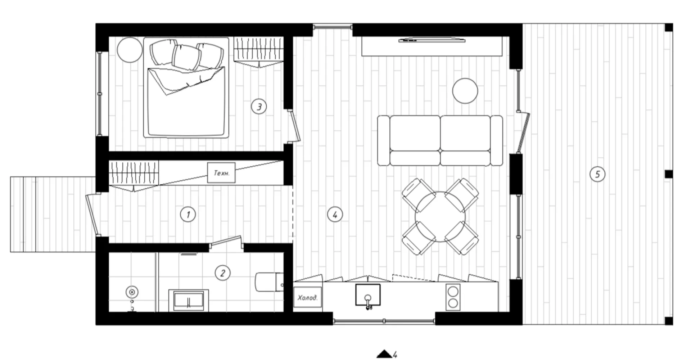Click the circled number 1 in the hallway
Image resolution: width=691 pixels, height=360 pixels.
(x=188, y=215)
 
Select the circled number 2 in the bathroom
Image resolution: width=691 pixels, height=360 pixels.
(x=222, y=273)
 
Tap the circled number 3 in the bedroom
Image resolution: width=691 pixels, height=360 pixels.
(x=259, y=106)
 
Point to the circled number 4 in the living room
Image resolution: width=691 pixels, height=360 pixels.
(x=335, y=215)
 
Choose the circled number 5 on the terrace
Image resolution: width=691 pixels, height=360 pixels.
(x=597, y=174)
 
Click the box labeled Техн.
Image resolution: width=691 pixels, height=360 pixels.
(x=221, y=173)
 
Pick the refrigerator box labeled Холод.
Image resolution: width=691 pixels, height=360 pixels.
(x=307, y=297)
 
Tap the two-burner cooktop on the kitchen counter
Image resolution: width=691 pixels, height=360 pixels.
(x=453, y=297)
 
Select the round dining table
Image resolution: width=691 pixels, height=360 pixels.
(x=440, y=217)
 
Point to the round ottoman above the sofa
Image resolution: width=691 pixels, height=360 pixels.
(x=465, y=91)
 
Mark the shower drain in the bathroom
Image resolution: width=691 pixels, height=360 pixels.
(x=132, y=292)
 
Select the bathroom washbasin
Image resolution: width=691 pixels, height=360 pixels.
(x=189, y=300)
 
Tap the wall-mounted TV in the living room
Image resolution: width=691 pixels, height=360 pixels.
(x=432, y=40)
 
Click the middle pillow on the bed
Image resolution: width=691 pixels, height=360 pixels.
(x=186, y=57)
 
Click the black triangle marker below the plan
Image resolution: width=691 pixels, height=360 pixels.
(x=384, y=354)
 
